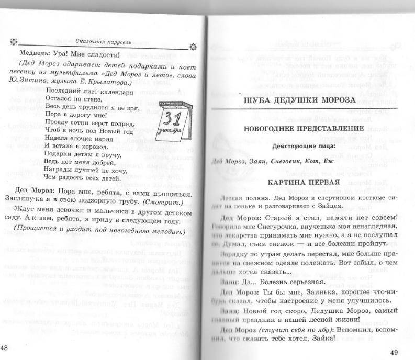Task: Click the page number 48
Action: pyautogui.click(x=4, y=348)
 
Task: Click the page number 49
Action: pyautogui.click(x=394, y=351)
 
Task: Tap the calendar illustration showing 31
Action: pyautogui.click(x=175, y=119)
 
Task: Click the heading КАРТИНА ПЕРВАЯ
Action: pyautogui.click(x=297, y=182)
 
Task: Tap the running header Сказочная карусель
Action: pyautogui.click(x=100, y=41)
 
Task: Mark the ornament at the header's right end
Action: pyautogui.click(x=193, y=47)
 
